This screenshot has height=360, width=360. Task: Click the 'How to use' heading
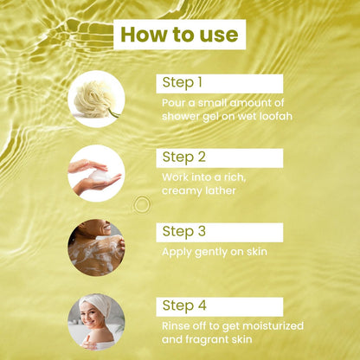[x=179, y=35]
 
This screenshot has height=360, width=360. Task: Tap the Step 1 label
[x=182, y=83]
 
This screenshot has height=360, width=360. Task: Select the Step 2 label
[x=184, y=157]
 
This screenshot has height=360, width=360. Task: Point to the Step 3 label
[x=184, y=232]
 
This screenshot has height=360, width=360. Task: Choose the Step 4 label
[x=184, y=305]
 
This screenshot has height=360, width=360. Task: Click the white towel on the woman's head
[x=96, y=305]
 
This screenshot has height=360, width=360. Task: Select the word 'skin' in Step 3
[x=257, y=252]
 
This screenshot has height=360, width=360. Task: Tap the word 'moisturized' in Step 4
[x=273, y=326]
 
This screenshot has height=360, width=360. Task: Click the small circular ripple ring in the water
[x=142, y=204]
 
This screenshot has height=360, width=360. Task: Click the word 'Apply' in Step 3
[x=177, y=253]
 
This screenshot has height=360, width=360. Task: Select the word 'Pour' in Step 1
[x=173, y=103]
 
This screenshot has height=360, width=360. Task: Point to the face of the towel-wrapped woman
[x=90, y=317]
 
